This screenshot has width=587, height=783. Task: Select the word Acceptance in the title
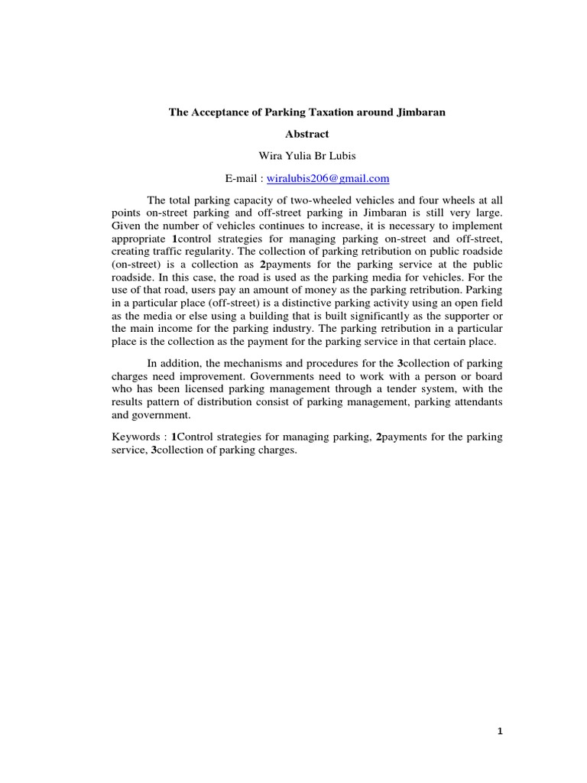click(x=219, y=112)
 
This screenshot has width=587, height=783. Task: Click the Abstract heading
click(x=306, y=135)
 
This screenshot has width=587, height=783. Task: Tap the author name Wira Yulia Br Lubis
click(x=306, y=156)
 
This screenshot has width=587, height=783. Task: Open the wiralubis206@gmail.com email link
click(x=328, y=178)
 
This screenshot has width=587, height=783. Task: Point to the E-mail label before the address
click(x=242, y=178)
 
